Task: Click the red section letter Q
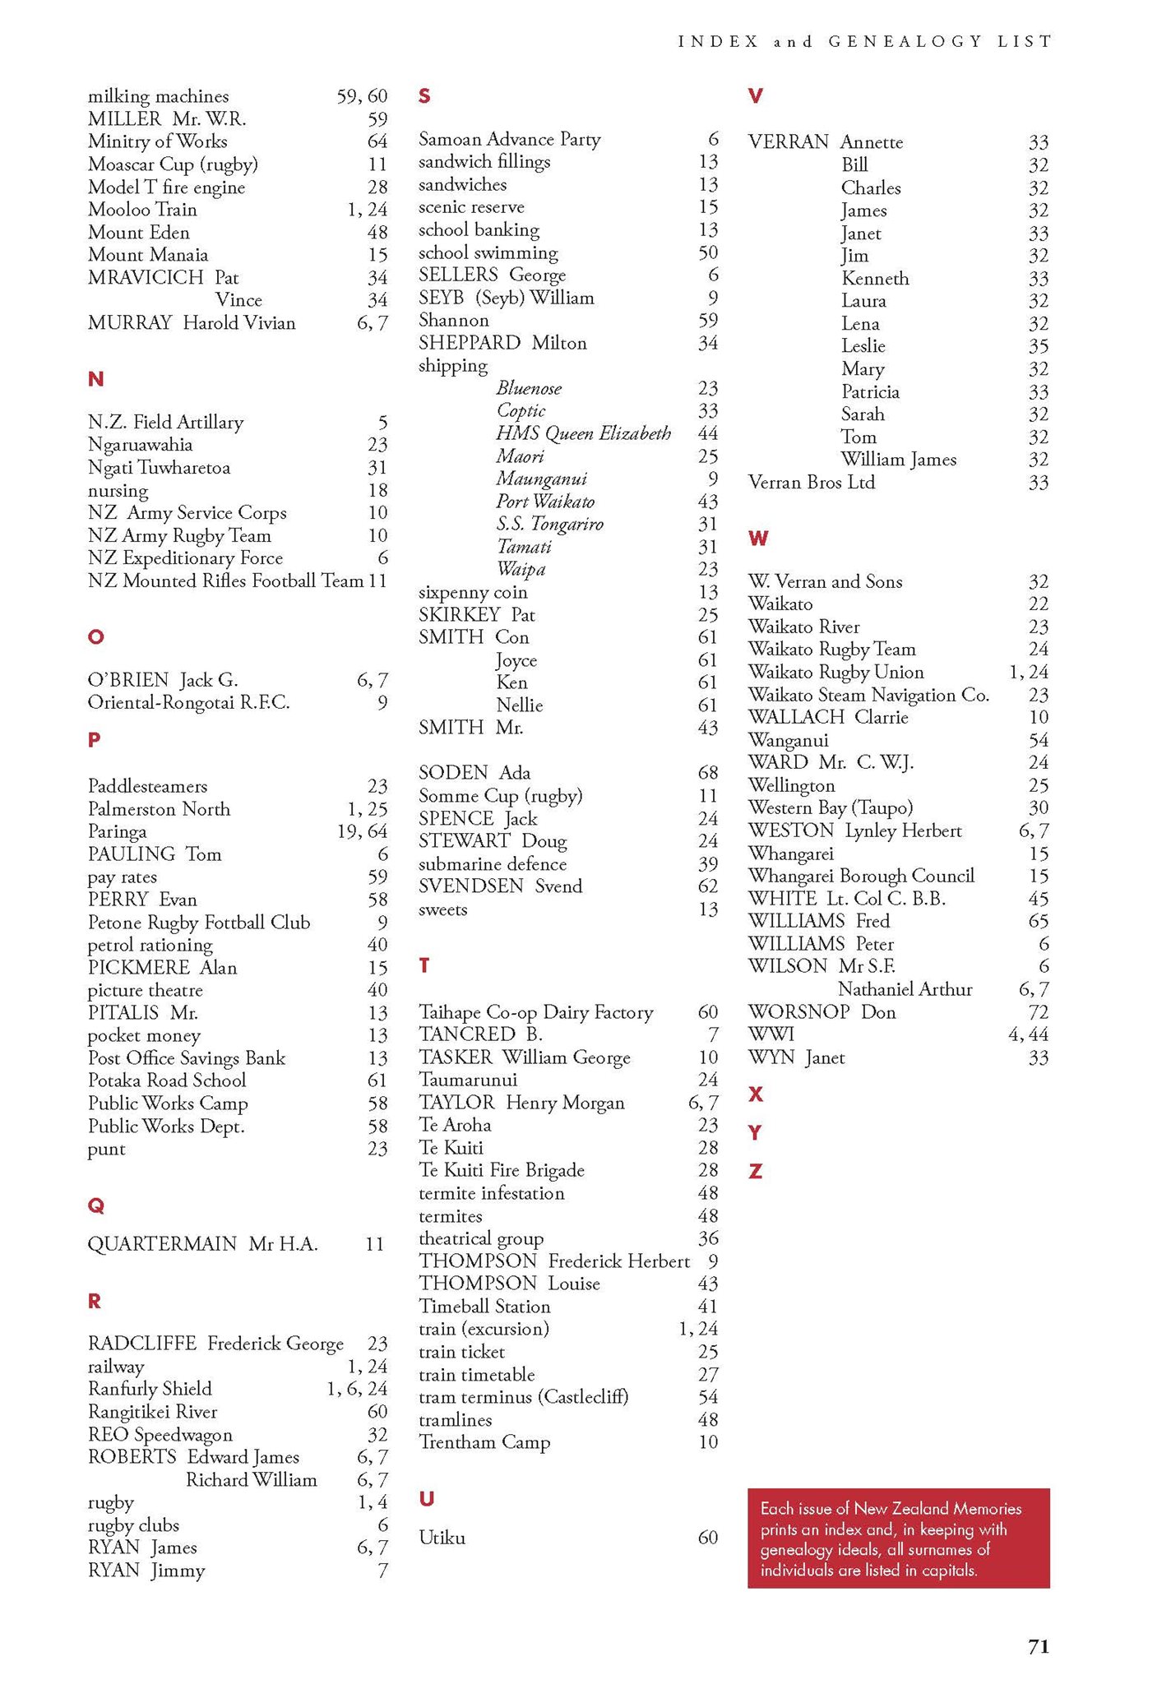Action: click(x=95, y=1205)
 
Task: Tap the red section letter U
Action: click(x=426, y=1499)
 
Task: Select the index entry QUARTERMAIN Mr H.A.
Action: click(x=202, y=1243)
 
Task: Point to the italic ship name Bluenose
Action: click(x=529, y=388)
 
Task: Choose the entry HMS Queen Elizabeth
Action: click(x=583, y=433)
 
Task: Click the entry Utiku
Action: click(x=442, y=1537)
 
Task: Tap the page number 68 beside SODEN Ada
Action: click(x=707, y=773)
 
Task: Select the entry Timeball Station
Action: click(x=484, y=1306)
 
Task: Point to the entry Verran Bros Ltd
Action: click(x=811, y=483)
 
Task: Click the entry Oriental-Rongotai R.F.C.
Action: click(x=188, y=702)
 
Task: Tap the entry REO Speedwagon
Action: click(x=160, y=1434)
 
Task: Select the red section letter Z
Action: click(x=755, y=1171)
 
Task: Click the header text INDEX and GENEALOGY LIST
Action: click(x=864, y=41)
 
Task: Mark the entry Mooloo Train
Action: click(x=142, y=210)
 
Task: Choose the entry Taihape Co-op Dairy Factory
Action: click(x=535, y=1012)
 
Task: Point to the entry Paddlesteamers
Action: click(x=147, y=786)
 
